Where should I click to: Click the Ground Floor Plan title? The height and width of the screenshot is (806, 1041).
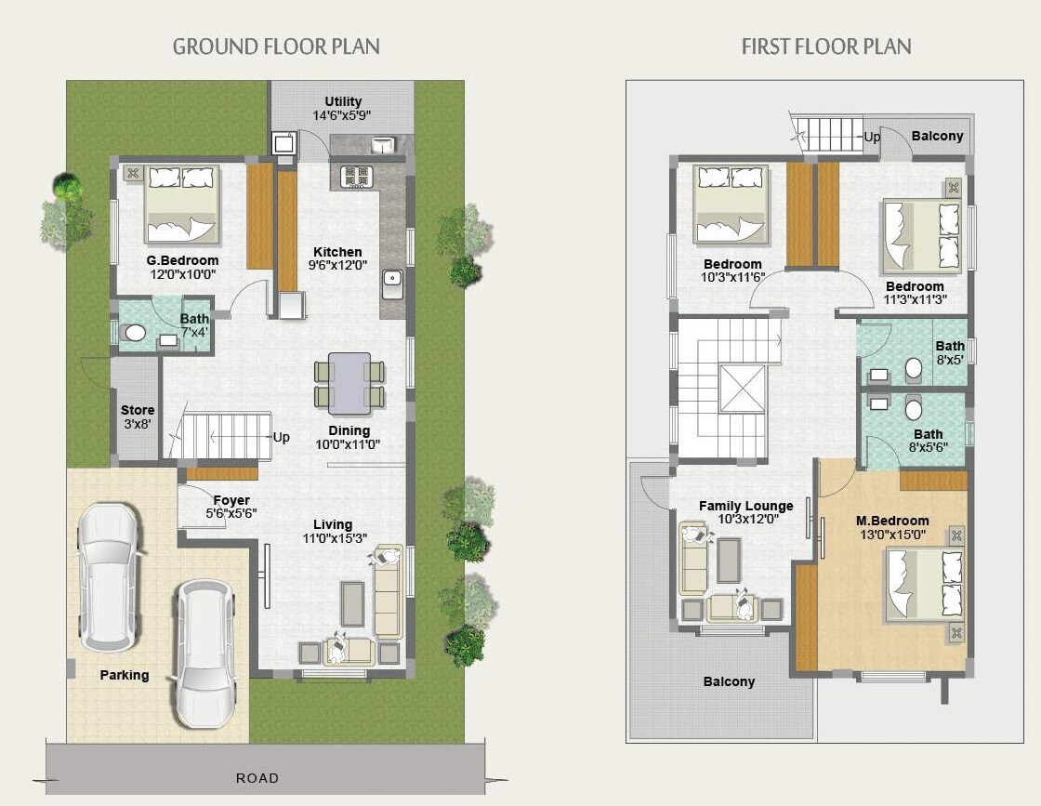[x=276, y=46]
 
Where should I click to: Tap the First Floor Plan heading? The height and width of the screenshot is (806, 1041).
[x=825, y=46]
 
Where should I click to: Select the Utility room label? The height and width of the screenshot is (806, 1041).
[x=343, y=101]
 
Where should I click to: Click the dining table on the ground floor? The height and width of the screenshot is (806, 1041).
[x=349, y=382]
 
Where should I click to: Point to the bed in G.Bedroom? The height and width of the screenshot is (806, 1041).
[x=181, y=205]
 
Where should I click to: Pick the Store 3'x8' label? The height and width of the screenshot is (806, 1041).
[x=138, y=416]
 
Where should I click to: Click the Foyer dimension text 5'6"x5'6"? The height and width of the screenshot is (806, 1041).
[x=231, y=512]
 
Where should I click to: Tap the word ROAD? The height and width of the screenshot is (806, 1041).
[x=257, y=778]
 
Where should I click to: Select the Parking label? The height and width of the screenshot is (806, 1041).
[x=125, y=675]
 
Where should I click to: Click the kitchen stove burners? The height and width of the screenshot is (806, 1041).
[x=356, y=177]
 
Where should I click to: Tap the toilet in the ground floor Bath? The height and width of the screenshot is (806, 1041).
[x=136, y=333]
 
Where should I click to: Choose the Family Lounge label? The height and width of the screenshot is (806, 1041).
[x=745, y=506]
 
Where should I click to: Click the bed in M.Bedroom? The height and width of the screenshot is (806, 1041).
[x=924, y=583]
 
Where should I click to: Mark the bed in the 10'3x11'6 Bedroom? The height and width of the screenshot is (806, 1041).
[x=731, y=205]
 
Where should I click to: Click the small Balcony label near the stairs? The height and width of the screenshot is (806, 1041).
[x=937, y=136]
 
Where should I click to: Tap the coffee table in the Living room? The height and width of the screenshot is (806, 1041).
[x=353, y=603]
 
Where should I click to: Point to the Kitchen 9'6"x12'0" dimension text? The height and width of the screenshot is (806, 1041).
[x=337, y=265]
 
